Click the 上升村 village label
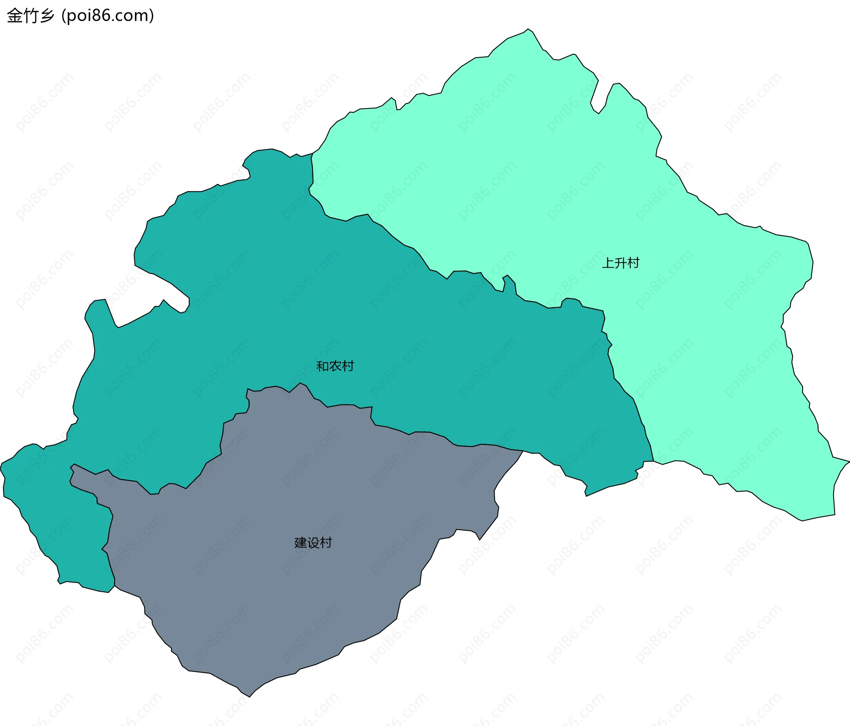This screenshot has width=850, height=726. click(621, 263)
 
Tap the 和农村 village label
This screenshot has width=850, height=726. click(335, 366)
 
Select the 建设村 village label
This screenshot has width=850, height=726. click(313, 543)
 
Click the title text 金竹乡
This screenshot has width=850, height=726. click(31, 16)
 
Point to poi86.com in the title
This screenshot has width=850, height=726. click(108, 16)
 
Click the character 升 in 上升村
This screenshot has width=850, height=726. click(621, 263)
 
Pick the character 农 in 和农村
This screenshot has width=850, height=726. click(335, 366)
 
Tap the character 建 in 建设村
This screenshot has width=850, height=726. click(301, 543)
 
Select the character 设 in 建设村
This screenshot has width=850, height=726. click(313, 543)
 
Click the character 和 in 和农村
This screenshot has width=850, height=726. click(323, 366)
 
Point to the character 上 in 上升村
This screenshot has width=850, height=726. click(608, 263)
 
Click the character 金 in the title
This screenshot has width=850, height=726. click(15, 16)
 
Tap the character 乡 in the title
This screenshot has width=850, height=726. click(46, 16)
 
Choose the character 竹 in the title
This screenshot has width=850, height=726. click(31, 16)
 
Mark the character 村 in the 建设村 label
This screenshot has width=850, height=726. click(326, 543)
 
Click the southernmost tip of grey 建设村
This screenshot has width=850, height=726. click(250, 696)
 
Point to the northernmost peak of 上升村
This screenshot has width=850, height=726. click(527, 29)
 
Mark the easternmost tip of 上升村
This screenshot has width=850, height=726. click(849, 461)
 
